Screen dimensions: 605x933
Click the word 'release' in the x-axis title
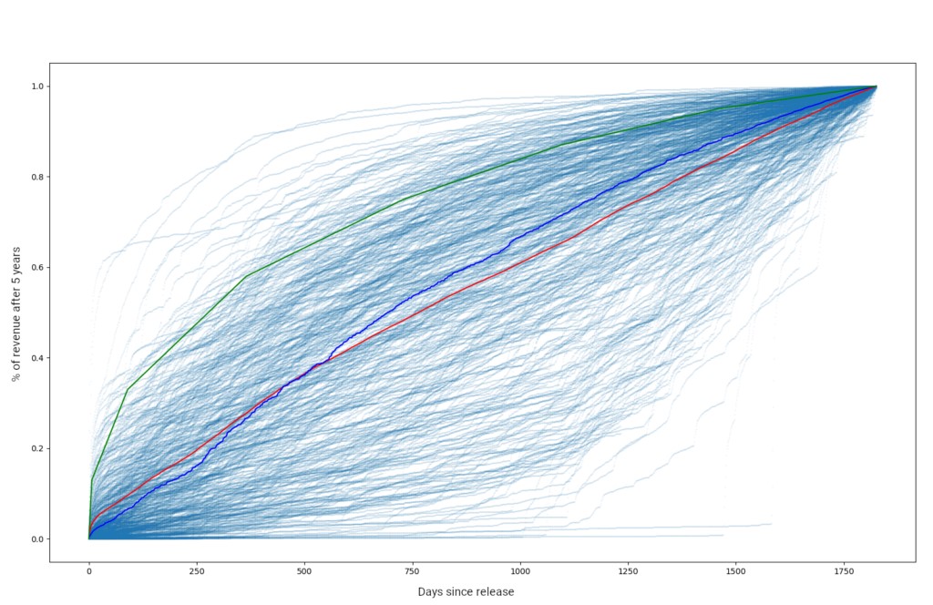[x=494, y=592]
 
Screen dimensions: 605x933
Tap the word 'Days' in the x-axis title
[x=430, y=592]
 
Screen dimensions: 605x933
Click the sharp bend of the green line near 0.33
[x=128, y=389]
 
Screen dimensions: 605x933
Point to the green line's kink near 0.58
[x=246, y=276]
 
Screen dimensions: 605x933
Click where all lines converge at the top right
[x=876, y=87]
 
